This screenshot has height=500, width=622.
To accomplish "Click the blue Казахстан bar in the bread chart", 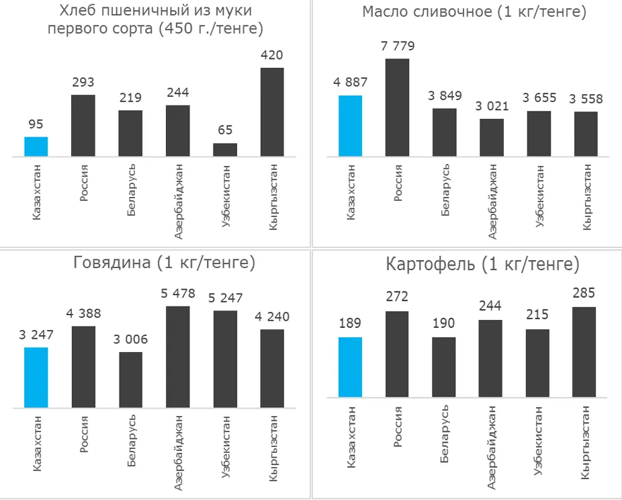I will [36, 147].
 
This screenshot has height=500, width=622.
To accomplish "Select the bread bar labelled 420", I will [271, 112].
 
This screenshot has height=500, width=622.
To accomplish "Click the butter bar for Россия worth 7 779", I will [397, 108].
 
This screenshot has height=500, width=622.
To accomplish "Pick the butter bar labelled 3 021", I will [492, 138].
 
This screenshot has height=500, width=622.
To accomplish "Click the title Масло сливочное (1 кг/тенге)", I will [474, 12].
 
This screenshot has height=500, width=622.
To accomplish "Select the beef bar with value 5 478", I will [177, 357].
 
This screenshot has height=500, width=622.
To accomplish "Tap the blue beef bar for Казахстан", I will [36, 377].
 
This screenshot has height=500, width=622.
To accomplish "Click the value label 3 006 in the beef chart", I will [130, 340].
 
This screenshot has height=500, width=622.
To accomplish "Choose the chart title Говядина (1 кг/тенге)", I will [164, 263].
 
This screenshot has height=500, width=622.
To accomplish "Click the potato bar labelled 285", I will [584, 352].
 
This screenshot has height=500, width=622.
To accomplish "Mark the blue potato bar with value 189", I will [350, 367].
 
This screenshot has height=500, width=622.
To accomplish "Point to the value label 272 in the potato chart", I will [397, 296].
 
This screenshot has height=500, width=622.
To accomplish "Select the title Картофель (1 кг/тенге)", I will [482, 265].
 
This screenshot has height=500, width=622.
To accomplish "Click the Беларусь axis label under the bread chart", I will [131, 190].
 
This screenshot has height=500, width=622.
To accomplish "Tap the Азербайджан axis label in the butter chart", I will [492, 201].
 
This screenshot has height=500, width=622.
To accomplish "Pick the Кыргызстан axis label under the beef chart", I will [273, 448].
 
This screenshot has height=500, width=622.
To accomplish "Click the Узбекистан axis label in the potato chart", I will [538, 440].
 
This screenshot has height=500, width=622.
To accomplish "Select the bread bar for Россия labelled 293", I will [83, 126].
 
